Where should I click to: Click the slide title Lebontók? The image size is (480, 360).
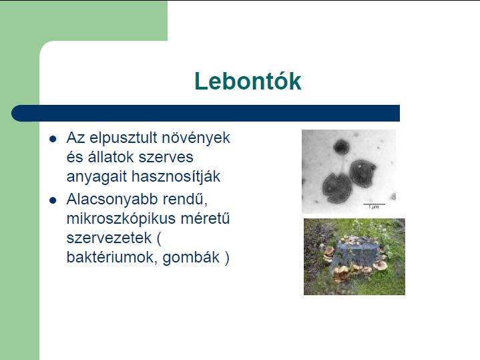[x=248, y=81]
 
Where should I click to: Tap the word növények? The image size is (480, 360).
[x=196, y=138]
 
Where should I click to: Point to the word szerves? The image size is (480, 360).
[x=166, y=158]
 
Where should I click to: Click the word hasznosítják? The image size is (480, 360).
[x=176, y=177]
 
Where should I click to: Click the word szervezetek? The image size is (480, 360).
[x=109, y=238]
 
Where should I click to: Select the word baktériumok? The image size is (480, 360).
[x=112, y=257]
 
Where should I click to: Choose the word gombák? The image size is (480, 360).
[x=191, y=257]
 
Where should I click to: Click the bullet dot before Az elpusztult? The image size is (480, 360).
[x=53, y=139]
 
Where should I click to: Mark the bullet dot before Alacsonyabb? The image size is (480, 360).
[x=53, y=200]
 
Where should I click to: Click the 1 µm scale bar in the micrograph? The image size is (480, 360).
[x=374, y=204]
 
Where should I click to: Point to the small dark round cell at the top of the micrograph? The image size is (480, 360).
[x=341, y=146]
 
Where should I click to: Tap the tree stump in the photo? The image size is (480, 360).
[x=355, y=252]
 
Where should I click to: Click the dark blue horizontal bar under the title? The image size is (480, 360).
[x=206, y=113]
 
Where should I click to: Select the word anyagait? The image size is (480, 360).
[x=97, y=177]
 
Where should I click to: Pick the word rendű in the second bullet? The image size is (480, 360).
[x=185, y=199]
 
